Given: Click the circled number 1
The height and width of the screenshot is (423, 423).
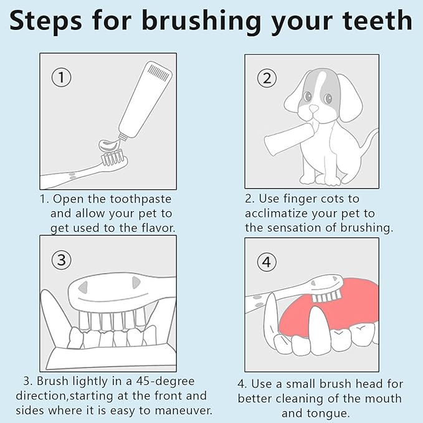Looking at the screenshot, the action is point(62,77).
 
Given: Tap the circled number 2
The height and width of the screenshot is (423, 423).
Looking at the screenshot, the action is point(267,78).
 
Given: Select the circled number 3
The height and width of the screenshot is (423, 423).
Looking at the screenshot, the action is point(62,260).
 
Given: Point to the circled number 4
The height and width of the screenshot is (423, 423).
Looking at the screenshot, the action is point(267,262).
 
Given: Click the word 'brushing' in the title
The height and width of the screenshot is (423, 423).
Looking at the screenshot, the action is point(201,22).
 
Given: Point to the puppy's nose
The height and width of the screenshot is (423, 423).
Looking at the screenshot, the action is point(313,109).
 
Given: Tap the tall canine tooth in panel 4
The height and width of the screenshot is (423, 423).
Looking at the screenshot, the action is point(320,330).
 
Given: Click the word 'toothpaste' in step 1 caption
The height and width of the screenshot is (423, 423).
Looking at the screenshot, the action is point(141,199).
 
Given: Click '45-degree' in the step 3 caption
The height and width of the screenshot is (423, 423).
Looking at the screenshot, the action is point(165,381).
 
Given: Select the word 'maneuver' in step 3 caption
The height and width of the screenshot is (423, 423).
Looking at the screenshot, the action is point(183,411).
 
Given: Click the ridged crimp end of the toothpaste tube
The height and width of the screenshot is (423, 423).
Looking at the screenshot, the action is point(159,72).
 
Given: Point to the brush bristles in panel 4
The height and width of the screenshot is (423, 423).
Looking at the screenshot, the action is point(326,297).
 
